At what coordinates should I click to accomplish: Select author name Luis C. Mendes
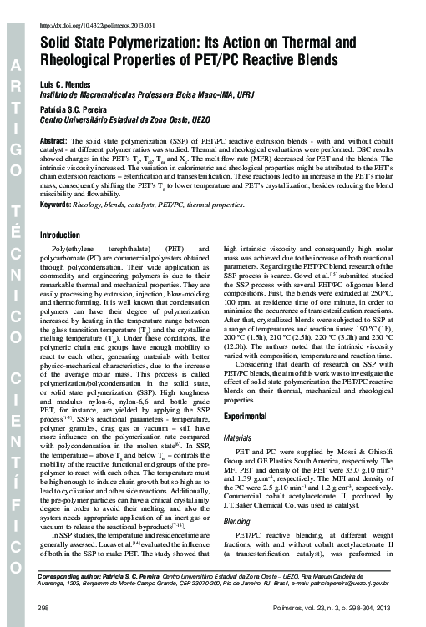[66, 86]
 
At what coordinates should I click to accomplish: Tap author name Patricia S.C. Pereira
[76, 109]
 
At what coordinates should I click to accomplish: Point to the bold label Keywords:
[56, 204]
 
